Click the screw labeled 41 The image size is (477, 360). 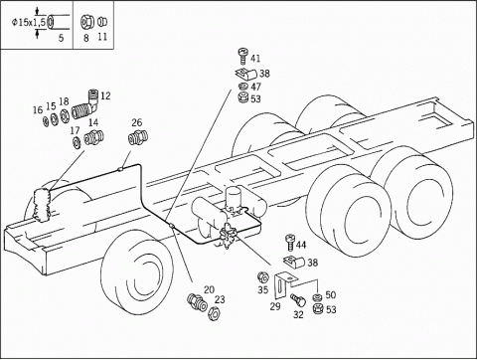(242, 56)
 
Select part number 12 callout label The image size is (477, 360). (105, 96)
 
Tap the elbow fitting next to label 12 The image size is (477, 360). (85, 105)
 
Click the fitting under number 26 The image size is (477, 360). (138, 137)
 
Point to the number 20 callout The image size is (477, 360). (209, 289)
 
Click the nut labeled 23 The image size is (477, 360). (213, 313)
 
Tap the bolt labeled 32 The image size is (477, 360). (298, 300)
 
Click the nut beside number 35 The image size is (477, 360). (263, 277)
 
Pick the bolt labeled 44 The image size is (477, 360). (290, 243)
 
